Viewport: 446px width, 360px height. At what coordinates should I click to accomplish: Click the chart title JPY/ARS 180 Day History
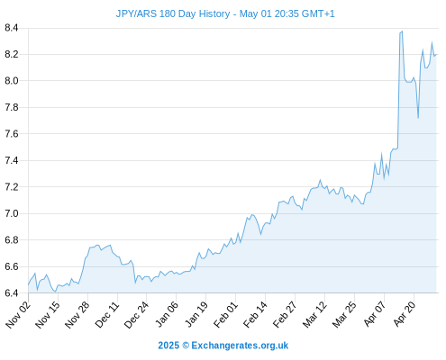[x=173, y=13]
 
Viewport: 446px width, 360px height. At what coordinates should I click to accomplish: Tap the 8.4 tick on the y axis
[x=12, y=28]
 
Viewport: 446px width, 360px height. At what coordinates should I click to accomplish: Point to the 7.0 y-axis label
[x=12, y=213]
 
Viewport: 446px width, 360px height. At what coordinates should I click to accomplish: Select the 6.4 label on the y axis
[x=12, y=292]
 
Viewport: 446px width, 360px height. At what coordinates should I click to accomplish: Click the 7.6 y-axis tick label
[x=12, y=134]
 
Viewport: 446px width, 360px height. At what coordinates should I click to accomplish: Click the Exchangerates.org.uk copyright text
[x=240, y=346]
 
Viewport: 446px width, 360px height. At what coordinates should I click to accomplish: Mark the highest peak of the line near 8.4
[x=402, y=31]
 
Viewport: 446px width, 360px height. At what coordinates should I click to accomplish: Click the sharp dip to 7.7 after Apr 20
[x=418, y=118]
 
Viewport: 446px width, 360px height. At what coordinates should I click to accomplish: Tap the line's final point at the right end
[x=436, y=55]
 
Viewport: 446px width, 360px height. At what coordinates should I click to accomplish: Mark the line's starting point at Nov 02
[x=29, y=284]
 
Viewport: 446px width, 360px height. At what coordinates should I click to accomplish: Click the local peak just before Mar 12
[x=320, y=180]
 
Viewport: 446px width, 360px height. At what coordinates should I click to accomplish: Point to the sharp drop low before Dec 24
[x=135, y=283]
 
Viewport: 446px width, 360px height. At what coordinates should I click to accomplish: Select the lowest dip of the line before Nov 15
[x=55, y=292]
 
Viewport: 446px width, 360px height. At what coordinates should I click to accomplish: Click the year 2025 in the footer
[x=168, y=346]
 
